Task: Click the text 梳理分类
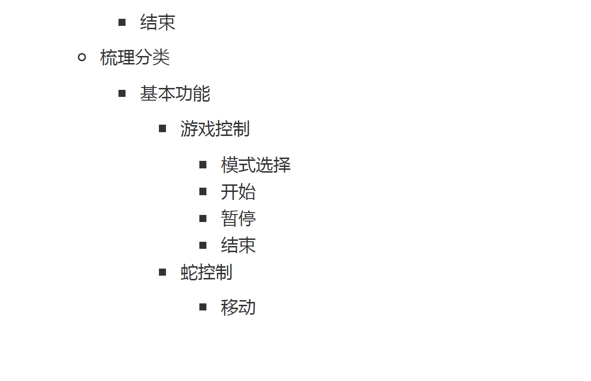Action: coord(135,58)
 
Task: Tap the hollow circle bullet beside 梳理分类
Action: coord(82,58)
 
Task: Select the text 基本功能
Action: coord(175,94)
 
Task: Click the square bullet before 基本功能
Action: coord(122,94)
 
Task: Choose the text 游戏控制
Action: coord(215,129)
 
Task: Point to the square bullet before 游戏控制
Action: coord(163,128)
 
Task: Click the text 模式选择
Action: coord(256,165)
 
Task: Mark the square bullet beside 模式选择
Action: coord(203,165)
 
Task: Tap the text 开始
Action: coord(238,192)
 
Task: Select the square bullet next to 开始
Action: coord(203,191)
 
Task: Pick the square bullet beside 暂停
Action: coord(203,218)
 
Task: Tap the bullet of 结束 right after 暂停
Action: coord(203,245)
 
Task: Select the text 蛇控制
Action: coord(206,272)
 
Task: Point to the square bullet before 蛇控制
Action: coord(163,272)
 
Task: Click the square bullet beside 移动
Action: coord(203,307)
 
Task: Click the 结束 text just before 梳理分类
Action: coord(158,22)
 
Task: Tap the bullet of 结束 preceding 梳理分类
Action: coord(122,22)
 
